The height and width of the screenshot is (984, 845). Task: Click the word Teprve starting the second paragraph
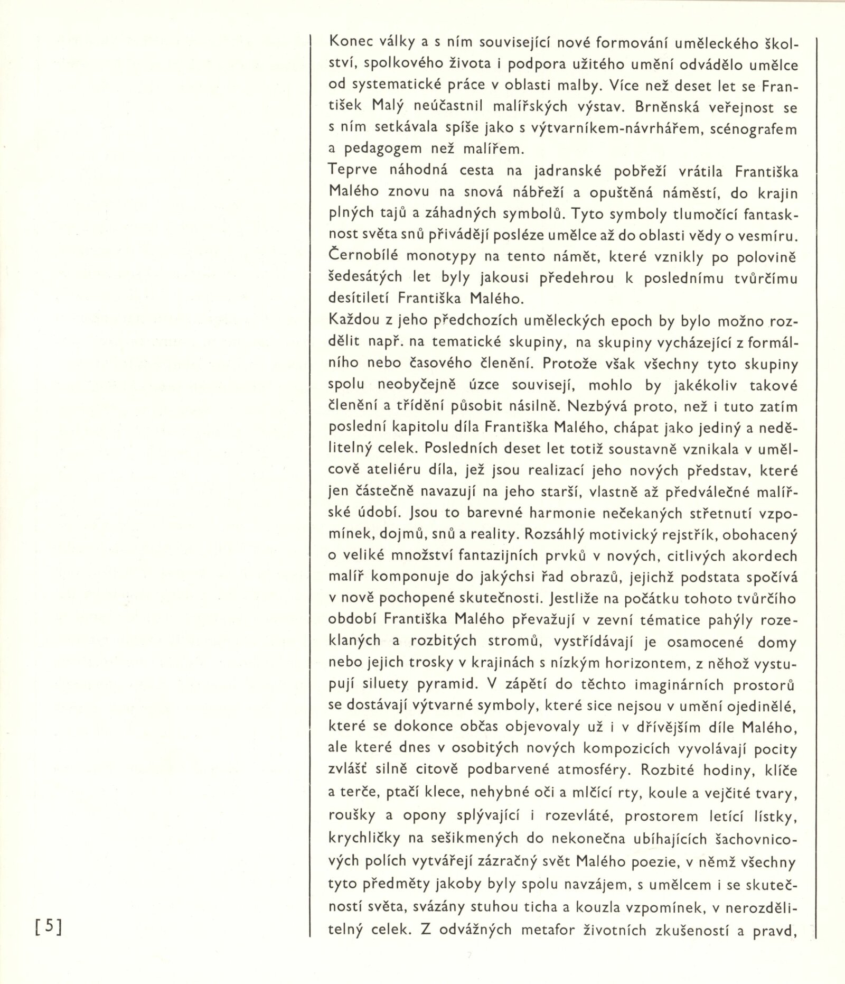[353, 172]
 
